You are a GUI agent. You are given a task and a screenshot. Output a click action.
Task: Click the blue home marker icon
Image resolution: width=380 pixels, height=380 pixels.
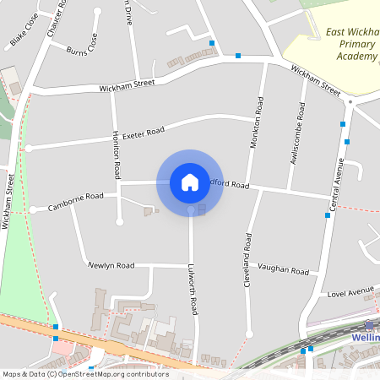coord(190,182)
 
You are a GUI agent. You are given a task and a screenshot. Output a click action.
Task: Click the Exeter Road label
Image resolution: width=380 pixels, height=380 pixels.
coord(143,133)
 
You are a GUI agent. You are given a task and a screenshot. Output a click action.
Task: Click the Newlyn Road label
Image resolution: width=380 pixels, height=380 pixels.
coord(111,265)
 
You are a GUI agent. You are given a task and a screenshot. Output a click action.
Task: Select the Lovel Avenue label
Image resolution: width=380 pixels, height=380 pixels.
coord(350,292)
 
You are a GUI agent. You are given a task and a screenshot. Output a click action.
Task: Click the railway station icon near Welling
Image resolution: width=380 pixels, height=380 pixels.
coord(368,325)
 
